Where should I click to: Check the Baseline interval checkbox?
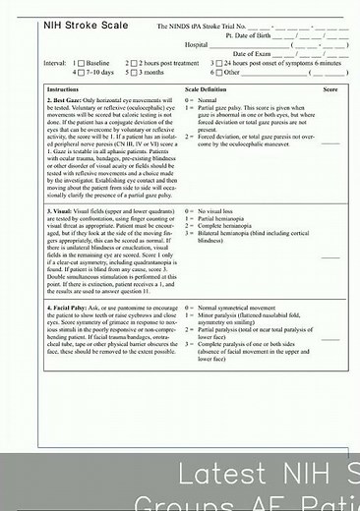[82, 63]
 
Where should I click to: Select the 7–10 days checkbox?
[82, 73]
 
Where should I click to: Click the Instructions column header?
[64, 89]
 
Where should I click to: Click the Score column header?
[330, 89]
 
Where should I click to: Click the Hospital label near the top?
[197, 44]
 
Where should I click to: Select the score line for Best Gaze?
[330, 142]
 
